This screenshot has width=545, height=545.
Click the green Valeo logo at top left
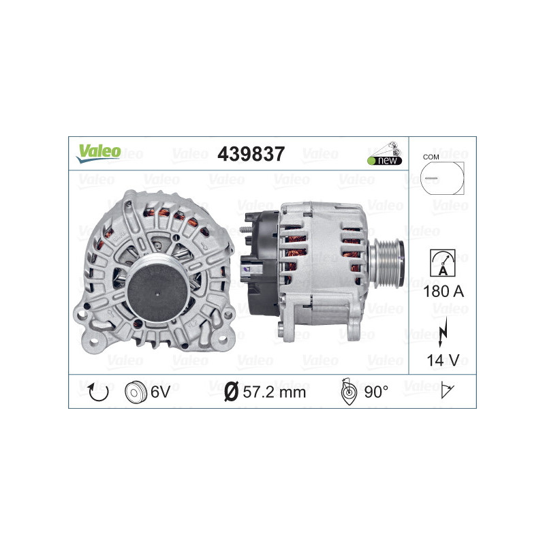[x=98, y=153]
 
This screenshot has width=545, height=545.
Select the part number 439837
[x=251, y=155]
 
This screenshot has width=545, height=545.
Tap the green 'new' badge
[x=386, y=160]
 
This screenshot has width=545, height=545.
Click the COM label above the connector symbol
[x=431, y=157]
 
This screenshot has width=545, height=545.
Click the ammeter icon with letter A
[x=442, y=263]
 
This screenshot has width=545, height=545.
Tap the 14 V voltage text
[x=442, y=359]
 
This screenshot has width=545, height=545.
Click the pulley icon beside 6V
[x=136, y=392]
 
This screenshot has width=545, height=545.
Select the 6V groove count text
[x=160, y=392]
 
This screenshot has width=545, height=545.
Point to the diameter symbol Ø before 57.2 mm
[x=231, y=392]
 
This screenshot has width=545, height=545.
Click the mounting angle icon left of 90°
[x=347, y=392]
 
